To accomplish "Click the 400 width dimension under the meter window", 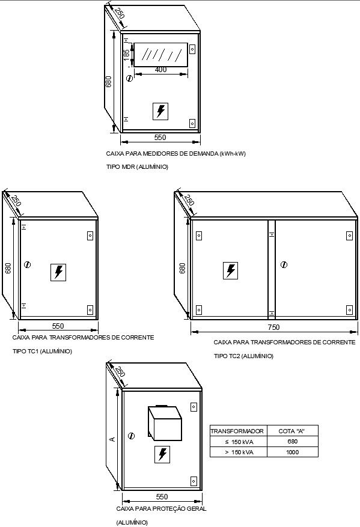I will [160, 70].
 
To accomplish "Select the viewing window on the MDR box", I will [160, 55].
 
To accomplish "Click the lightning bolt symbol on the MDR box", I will [160, 111].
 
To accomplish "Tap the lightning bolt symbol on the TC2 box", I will [230, 271].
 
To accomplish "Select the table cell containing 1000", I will [292, 452].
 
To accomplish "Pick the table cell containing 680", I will [292, 442].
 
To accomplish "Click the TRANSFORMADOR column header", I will [237, 431].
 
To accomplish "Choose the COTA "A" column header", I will [292, 431].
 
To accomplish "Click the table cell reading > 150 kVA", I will [237, 452].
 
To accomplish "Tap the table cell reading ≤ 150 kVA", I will [237, 442].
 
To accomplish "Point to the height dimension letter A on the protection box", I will [112, 439].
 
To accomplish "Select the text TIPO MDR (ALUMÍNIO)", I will [137, 166].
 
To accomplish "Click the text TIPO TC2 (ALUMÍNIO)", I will [243, 356].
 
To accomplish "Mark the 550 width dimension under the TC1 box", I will [58, 326].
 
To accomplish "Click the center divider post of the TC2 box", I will [271, 269].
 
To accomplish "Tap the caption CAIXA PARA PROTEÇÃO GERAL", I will [161, 508].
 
